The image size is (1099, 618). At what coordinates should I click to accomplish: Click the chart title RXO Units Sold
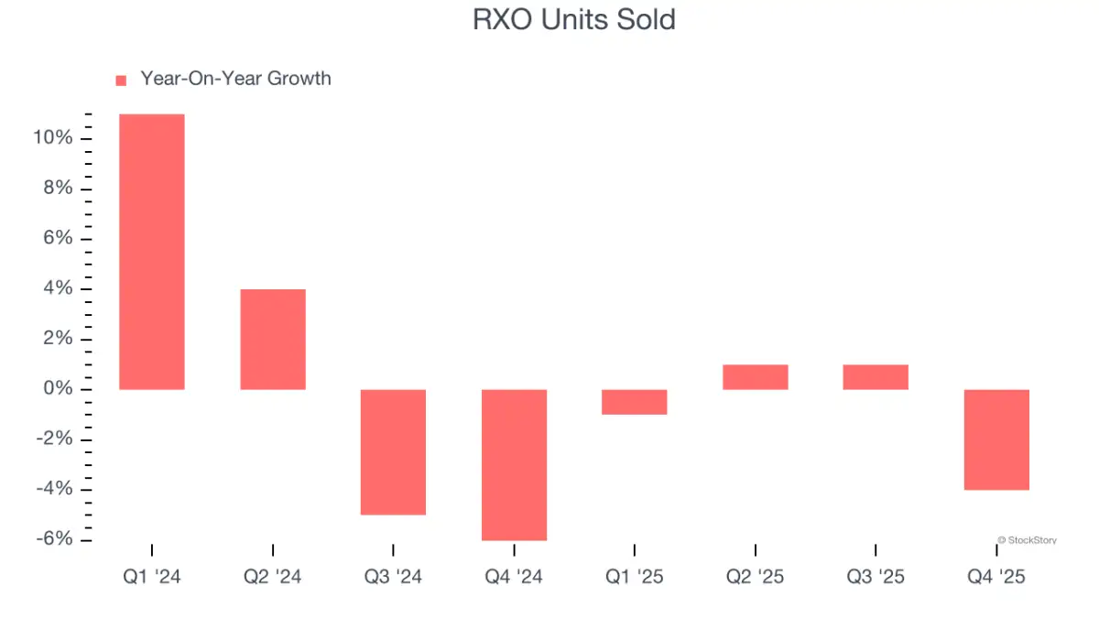573,20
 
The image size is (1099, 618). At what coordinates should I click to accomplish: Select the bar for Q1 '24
152,252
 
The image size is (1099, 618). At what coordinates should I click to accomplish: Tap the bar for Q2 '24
273,340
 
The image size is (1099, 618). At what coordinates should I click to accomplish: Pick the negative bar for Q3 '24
393,452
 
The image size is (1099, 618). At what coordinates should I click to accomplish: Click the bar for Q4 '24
514,465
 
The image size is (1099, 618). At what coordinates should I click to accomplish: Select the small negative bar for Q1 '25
634,402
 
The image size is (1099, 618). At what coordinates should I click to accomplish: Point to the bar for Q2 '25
755,377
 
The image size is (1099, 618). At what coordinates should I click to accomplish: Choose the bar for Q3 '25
876,377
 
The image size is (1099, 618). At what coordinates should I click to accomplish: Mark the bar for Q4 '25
996,439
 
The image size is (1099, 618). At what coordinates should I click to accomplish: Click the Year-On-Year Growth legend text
235,79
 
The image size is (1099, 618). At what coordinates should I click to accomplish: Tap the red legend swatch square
121,81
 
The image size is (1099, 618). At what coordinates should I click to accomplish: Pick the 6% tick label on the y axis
57,239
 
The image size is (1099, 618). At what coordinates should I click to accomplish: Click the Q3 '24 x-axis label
393,577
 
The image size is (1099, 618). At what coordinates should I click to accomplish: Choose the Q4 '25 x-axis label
996,577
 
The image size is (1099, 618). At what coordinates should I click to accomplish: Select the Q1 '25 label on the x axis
634,577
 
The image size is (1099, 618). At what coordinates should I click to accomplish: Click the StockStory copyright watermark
1026,540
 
